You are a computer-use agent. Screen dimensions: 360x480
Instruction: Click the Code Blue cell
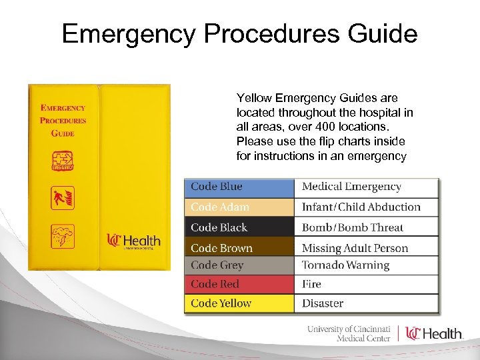point(239,187)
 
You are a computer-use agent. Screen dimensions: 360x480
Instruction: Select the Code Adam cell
point(239,207)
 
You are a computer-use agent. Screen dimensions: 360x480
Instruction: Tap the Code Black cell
point(239,227)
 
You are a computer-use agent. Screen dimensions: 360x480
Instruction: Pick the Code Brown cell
point(239,247)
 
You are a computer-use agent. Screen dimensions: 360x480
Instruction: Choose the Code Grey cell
point(239,265)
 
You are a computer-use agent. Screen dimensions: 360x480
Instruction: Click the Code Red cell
point(239,284)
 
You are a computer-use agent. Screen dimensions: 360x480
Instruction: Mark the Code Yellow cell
point(239,303)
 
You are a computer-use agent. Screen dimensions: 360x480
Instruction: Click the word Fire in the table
point(311,284)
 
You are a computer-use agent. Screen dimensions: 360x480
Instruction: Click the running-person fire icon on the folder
point(63,198)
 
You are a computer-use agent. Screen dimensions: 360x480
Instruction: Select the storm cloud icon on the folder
point(63,237)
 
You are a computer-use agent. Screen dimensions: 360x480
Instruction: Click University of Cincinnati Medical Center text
point(349,333)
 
